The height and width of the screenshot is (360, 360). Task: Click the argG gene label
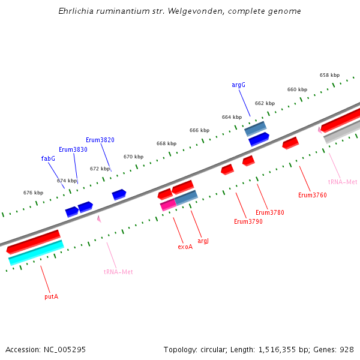[238, 85]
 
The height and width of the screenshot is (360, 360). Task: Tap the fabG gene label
[48, 158]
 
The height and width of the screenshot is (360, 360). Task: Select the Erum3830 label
[73, 149]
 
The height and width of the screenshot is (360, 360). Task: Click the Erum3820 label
[100, 140]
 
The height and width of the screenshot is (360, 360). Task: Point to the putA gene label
[51, 296]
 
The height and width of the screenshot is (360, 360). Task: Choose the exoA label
[185, 247]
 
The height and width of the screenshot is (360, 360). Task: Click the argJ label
[203, 241]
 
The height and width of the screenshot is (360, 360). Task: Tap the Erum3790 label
[248, 221]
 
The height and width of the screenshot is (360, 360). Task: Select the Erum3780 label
[269, 212]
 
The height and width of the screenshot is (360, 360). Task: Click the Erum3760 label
[312, 195]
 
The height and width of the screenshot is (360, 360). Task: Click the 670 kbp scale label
[133, 157]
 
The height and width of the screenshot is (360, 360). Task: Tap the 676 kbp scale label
[33, 193]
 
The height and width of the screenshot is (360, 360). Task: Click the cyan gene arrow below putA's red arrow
[36, 253]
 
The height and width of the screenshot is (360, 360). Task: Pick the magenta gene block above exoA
[168, 205]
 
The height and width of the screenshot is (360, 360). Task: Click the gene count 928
[346, 349]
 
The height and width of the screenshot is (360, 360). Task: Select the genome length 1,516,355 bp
[282, 349]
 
